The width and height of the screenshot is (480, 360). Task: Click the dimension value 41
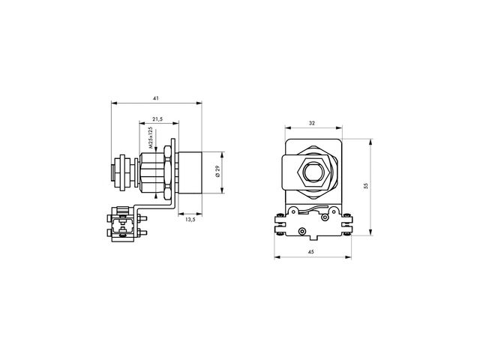[156, 98]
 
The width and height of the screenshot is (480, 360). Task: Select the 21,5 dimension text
[157, 118]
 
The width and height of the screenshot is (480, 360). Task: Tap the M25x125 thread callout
[150, 138]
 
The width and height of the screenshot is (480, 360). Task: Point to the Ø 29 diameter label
[217, 172]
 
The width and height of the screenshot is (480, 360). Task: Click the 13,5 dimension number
[190, 219]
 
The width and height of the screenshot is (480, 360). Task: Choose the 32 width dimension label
[312, 123]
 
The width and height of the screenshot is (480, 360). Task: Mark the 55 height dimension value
[366, 186]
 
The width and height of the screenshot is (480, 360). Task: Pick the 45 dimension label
[311, 252]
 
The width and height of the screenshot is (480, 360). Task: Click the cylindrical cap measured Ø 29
[190, 172]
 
